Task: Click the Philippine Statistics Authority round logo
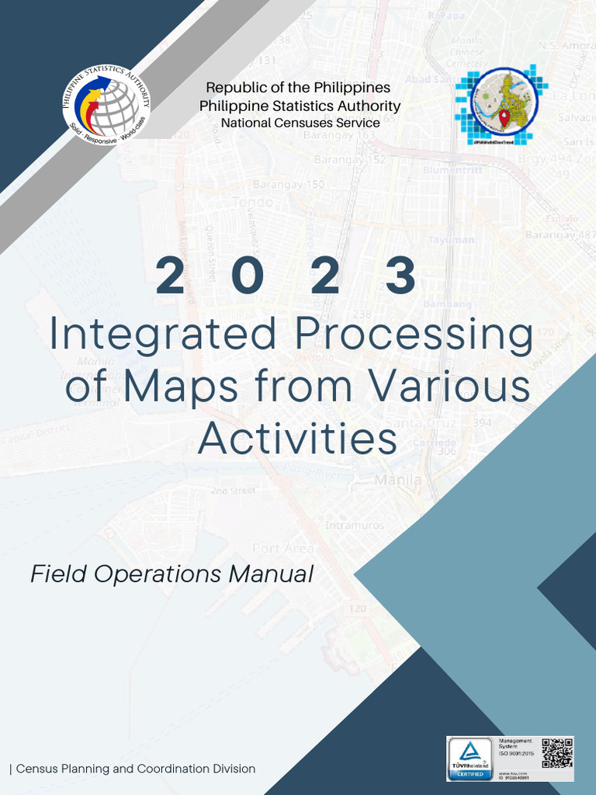pyautogui.click(x=106, y=107)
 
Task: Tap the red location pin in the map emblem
pyautogui.click(x=504, y=119)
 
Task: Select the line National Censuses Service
pyautogui.click(x=300, y=123)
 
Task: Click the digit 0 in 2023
pyautogui.click(x=243, y=276)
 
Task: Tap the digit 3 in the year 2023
pyautogui.click(x=400, y=276)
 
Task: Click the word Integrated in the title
pyautogui.click(x=163, y=334)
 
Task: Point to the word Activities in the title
pyautogui.click(x=297, y=438)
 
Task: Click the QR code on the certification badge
pyautogui.click(x=556, y=753)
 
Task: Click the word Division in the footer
pyautogui.click(x=232, y=769)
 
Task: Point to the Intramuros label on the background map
pyautogui.click(x=354, y=526)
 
